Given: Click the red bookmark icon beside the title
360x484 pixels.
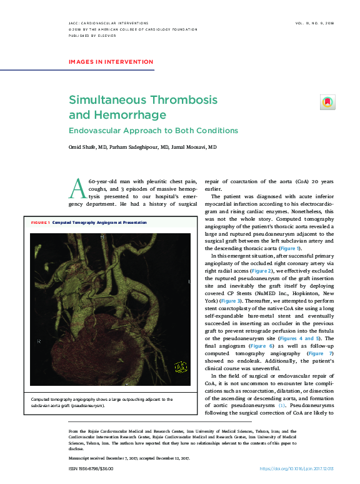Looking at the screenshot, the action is (327, 102).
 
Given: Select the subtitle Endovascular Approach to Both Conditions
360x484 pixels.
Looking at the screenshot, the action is (153, 131).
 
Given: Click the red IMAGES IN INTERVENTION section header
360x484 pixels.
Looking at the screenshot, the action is (111, 62).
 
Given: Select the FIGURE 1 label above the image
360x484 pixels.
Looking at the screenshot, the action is (39, 223).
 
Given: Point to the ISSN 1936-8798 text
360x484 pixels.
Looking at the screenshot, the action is (91, 468).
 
